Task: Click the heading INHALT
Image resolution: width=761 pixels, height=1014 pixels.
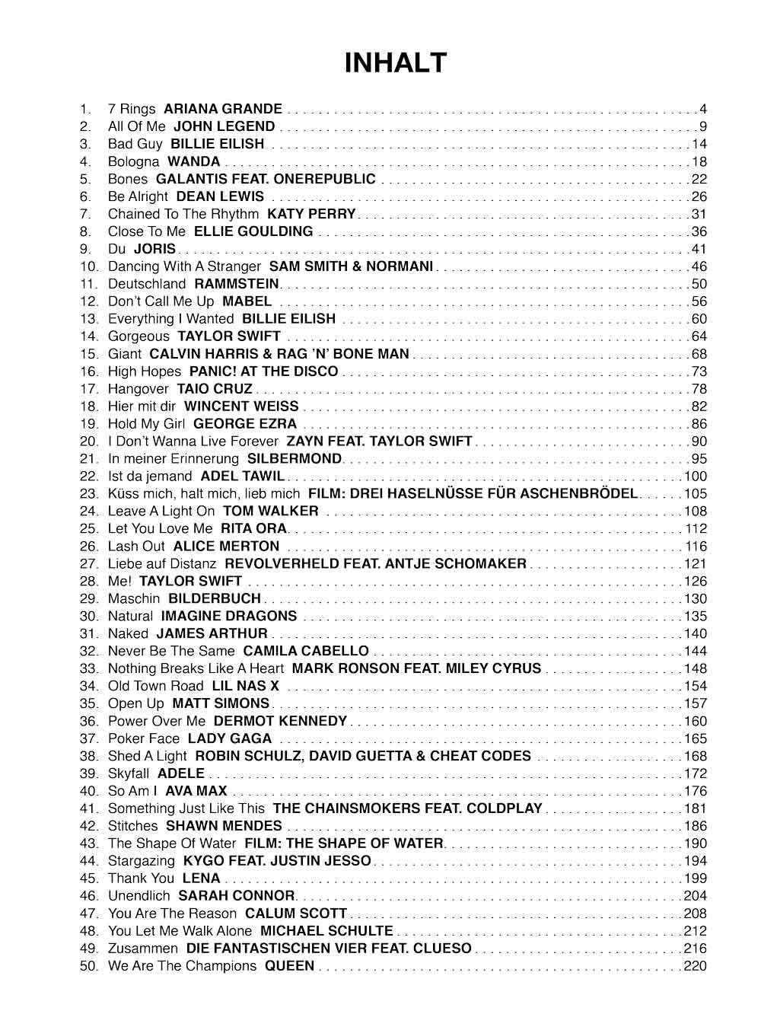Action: (395, 63)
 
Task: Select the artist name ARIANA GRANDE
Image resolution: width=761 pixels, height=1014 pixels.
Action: (223, 109)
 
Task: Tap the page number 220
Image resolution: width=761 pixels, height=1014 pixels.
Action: (696, 966)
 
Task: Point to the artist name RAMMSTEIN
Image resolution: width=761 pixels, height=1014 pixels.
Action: (237, 284)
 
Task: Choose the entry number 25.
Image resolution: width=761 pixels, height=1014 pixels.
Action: (89, 528)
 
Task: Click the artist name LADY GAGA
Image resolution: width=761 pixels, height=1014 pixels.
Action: (230, 738)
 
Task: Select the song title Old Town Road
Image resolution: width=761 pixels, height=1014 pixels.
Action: (156, 686)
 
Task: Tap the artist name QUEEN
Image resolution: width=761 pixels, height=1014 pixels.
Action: (289, 966)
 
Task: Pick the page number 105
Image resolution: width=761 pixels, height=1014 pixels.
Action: (696, 493)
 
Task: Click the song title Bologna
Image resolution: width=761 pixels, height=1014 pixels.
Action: (134, 161)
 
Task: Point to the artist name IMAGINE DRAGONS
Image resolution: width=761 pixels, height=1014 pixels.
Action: (229, 616)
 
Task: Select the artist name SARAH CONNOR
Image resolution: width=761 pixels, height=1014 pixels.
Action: (236, 896)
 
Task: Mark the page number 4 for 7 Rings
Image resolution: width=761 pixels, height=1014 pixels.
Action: (703, 109)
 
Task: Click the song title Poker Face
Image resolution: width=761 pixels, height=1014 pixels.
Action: (144, 738)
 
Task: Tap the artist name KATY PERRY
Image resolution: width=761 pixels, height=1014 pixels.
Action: (311, 214)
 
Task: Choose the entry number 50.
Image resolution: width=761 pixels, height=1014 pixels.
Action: (89, 966)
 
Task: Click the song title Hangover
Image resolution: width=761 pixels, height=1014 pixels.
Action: (139, 389)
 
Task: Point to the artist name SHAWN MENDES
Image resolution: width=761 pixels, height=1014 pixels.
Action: (224, 826)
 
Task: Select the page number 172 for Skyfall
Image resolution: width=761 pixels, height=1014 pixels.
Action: (696, 773)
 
